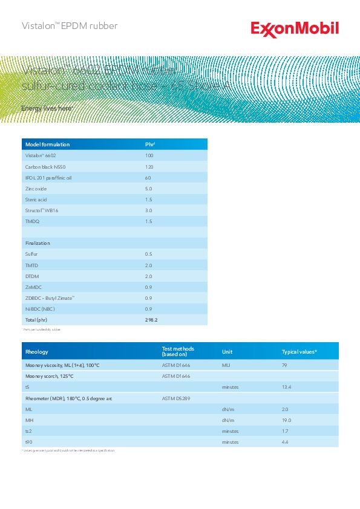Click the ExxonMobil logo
pyautogui.click(x=295, y=28)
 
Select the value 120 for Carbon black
pyautogui.click(x=149, y=166)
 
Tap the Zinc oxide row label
pyautogui.click(x=36, y=189)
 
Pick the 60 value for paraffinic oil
pyautogui.click(x=148, y=178)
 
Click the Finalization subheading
pyautogui.click(x=38, y=243)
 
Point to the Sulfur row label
pyautogui.click(x=31, y=254)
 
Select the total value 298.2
pyautogui.click(x=151, y=320)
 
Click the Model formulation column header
pyautogui.click(x=47, y=144)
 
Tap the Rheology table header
pyautogui.click(x=37, y=352)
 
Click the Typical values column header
pyautogui.click(x=299, y=352)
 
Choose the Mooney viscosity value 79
pyautogui.click(x=284, y=366)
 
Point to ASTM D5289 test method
pyautogui.click(x=176, y=398)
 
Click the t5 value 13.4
pyautogui.click(x=287, y=387)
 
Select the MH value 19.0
pyautogui.click(x=286, y=420)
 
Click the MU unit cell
pyautogui.click(x=226, y=366)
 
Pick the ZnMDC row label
pyautogui.click(x=33, y=287)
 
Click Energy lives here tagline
pyautogui.click(x=47, y=108)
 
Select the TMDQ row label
pyautogui.click(x=32, y=221)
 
